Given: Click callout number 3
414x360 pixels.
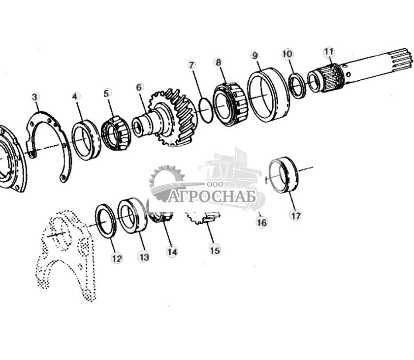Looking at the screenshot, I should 35,97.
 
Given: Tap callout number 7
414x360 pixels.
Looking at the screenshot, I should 191,65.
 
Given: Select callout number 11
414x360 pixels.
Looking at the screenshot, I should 329,52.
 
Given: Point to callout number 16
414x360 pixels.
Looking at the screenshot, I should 261,223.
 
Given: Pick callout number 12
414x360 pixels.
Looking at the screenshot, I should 117,258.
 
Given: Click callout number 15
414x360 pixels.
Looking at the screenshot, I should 215,250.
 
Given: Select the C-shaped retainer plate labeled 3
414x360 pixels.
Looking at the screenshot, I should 49,143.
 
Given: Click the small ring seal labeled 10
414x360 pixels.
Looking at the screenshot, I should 297,86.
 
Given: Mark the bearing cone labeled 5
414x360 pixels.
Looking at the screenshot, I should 116,133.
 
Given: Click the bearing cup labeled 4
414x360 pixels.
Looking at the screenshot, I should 86,140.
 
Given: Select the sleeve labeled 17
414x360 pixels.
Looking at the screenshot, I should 285,175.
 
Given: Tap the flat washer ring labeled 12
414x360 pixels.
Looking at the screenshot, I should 105,220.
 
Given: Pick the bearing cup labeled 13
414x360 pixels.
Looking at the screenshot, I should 132,215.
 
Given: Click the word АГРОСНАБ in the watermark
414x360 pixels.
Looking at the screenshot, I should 213,197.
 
